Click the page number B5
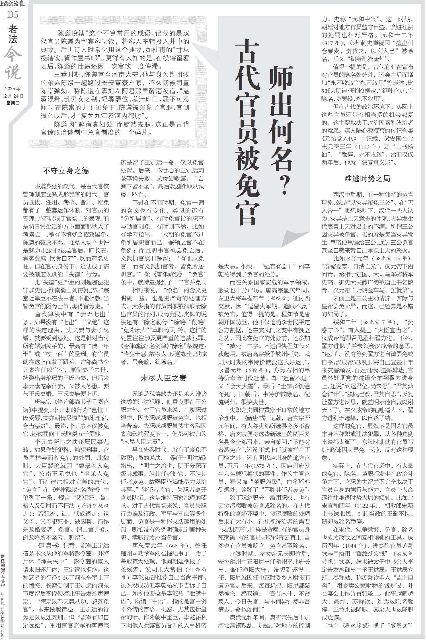coord(13,15)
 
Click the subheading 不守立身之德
coord(66,171)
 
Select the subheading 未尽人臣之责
coord(163,378)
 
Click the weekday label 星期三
coord(13,103)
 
